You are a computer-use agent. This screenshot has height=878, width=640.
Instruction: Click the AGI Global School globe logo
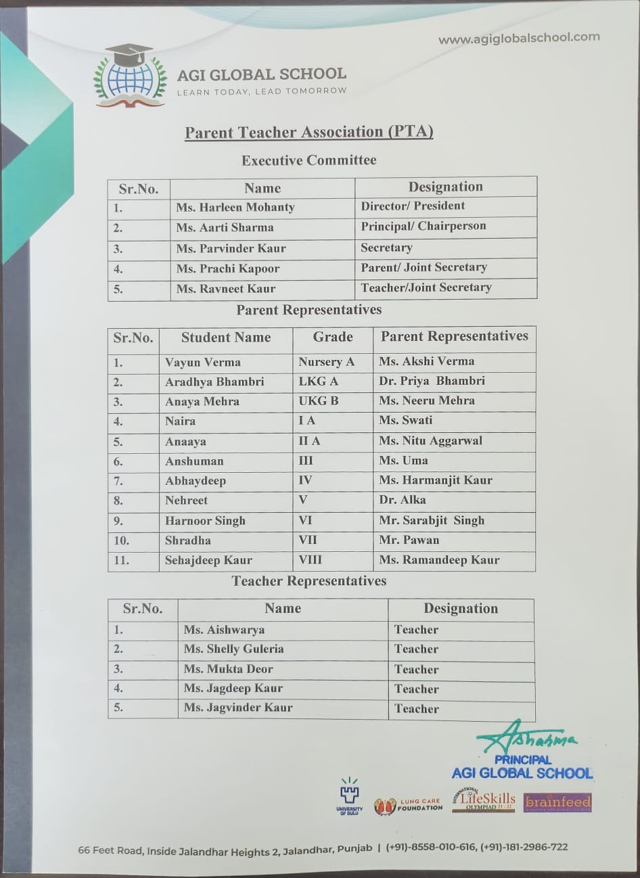131,76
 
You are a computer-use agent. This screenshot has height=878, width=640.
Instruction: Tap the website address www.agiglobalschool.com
519,39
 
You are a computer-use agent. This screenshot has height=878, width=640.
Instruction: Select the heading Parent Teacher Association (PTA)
309,132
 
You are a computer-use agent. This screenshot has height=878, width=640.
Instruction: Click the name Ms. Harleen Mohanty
235,207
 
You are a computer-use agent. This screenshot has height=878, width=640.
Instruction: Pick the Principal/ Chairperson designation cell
423,227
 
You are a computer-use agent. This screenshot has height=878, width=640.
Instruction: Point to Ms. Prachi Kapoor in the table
228,269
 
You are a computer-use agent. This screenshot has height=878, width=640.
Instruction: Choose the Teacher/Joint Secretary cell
426,287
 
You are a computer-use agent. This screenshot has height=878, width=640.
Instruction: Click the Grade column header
332,337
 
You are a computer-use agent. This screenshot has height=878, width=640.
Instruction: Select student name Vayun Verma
203,363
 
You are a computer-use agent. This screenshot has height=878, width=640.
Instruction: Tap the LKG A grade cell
318,382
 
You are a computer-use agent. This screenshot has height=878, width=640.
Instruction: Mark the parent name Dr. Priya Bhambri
432,381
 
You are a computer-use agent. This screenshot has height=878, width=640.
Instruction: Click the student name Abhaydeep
196,481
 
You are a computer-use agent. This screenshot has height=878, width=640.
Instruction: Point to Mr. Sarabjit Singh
432,520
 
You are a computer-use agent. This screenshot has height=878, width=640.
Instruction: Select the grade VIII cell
311,560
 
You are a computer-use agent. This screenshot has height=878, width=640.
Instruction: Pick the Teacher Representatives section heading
309,581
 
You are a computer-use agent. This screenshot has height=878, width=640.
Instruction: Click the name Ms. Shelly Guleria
233,649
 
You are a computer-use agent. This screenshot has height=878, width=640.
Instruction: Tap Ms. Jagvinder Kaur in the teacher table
238,708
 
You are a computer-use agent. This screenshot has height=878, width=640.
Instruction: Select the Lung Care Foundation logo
408,806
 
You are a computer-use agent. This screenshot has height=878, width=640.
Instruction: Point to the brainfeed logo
557,803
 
